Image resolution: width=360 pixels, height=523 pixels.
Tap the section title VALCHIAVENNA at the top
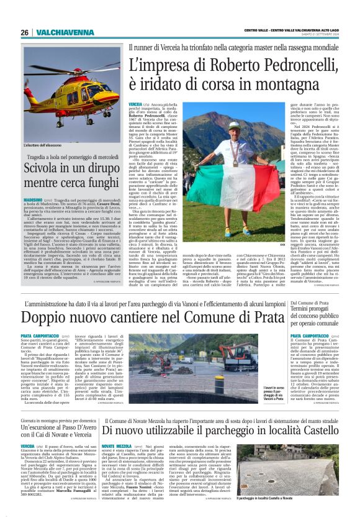[x=56, y=32]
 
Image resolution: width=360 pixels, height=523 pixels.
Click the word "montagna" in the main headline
[x=250, y=83]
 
